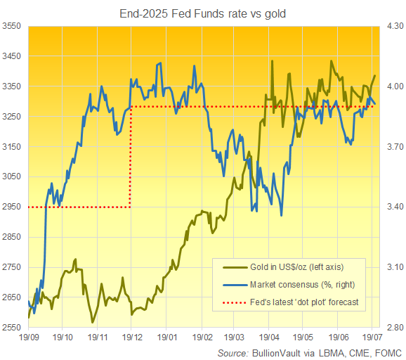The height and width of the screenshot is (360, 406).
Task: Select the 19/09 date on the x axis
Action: coord(29,338)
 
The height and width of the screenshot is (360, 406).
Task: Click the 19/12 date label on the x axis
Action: coord(131,338)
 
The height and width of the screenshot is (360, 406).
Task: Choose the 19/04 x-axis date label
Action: coord(270,338)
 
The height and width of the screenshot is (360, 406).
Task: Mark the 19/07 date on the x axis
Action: coord(372,338)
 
